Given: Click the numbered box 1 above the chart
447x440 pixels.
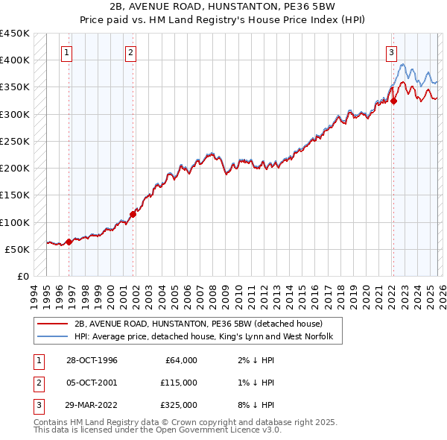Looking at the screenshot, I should pyautogui.click(x=68, y=52).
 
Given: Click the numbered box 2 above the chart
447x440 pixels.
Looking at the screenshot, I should pyautogui.click(x=130, y=52).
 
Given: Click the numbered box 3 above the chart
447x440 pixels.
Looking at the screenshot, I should pyautogui.click(x=390, y=52).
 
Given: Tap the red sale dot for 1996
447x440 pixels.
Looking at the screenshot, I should pyautogui.click(x=69, y=242).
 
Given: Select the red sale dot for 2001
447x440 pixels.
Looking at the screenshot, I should pyautogui.click(x=133, y=214).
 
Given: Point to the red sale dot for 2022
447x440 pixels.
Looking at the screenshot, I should pyautogui.click(x=393, y=101).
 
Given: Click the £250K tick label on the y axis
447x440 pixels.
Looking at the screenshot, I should pyautogui.click(x=14, y=141).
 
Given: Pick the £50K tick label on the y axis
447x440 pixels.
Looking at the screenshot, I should pyautogui.click(x=17, y=249).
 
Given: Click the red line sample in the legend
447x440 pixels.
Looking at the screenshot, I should pyautogui.click(x=51, y=324).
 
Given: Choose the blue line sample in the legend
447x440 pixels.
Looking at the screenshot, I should pyautogui.click(x=51, y=338).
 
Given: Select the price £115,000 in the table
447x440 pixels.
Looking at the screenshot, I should pyautogui.click(x=179, y=383).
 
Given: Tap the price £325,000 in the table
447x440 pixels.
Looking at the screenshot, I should pyautogui.click(x=179, y=405).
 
